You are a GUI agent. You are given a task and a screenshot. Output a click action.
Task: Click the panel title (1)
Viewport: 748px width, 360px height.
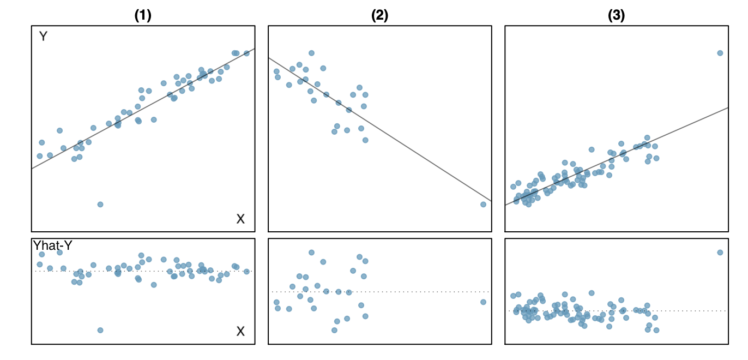[143, 16]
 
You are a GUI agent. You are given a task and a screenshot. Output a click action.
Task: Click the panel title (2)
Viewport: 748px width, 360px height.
[379, 16]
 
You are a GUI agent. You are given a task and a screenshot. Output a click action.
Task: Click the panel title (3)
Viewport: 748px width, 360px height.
[617, 16]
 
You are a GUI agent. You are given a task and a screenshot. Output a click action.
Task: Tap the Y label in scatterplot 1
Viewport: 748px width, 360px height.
[43, 37]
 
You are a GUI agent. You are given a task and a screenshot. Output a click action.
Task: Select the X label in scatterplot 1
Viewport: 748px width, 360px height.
[240, 219]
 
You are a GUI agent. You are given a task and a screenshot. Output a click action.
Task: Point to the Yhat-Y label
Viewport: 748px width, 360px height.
[53, 246]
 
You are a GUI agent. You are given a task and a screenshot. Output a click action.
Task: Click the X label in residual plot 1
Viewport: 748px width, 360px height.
[240, 331]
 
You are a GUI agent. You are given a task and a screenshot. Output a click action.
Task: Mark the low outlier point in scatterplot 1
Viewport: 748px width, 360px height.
[100, 205]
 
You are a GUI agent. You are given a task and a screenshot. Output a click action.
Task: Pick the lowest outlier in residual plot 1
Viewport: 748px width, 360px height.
[100, 330]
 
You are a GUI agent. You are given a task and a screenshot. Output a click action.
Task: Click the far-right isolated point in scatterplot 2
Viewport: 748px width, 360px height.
[483, 205]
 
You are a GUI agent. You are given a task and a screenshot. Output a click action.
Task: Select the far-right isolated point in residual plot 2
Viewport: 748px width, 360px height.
[483, 302]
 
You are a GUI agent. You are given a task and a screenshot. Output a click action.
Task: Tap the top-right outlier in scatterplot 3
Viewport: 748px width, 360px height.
[720, 53]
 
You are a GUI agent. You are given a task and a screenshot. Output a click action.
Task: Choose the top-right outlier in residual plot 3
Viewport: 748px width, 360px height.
[720, 253]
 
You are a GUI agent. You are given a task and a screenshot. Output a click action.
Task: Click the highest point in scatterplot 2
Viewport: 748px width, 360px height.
[311, 53]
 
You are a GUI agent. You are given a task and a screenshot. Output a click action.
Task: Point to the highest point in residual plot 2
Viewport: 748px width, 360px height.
[311, 253]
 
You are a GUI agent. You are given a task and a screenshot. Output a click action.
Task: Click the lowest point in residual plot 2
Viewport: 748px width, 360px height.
[334, 330]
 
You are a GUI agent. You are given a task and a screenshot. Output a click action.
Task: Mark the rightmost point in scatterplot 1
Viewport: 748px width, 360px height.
[246, 53]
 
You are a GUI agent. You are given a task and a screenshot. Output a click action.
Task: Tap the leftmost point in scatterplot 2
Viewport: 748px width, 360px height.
[276, 71]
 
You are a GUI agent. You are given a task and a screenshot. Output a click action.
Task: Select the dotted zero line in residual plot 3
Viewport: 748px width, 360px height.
[681, 311]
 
